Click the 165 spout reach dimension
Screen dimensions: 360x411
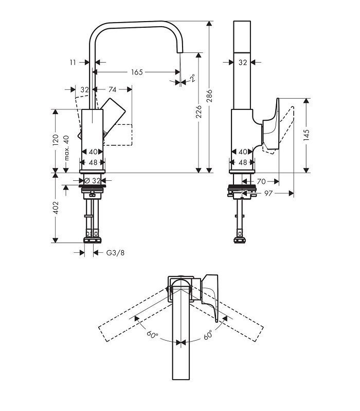(x=137, y=72)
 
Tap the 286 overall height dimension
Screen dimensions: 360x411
(x=209, y=96)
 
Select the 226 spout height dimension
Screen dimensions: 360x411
(x=199, y=111)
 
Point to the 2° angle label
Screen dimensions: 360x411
(x=193, y=78)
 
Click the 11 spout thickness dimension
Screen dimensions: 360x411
(x=73, y=62)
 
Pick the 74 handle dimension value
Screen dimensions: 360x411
(x=112, y=89)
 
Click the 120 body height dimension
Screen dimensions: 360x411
(x=56, y=140)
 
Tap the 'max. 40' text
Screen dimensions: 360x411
(x=66, y=148)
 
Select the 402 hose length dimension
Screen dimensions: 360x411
(x=56, y=208)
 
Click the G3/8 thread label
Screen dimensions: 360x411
(x=115, y=253)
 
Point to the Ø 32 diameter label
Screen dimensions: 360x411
(x=93, y=181)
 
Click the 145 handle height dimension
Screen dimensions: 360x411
(x=307, y=135)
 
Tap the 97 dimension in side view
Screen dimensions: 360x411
(x=268, y=193)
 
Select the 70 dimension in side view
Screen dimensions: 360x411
(x=261, y=181)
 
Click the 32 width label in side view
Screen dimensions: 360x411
(x=243, y=62)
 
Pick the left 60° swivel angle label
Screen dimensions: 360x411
(x=152, y=334)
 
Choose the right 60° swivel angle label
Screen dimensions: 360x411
(x=208, y=335)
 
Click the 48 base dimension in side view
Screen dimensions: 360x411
(x=243, y=162)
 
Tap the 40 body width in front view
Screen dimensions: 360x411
(x=93, y=152)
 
